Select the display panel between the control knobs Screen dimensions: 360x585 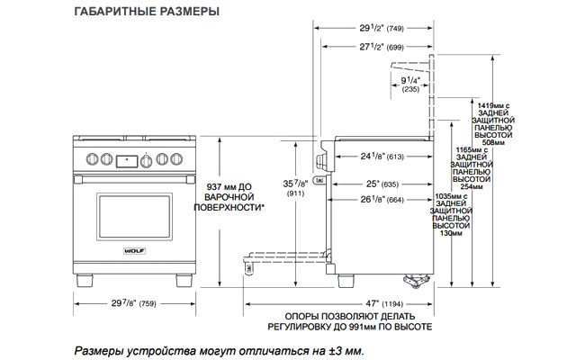click(128, 161)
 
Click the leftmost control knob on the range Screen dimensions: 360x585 click(92, 160)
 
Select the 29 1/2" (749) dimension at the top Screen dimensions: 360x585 click(372, 28)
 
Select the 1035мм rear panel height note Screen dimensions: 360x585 click(444, 214)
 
